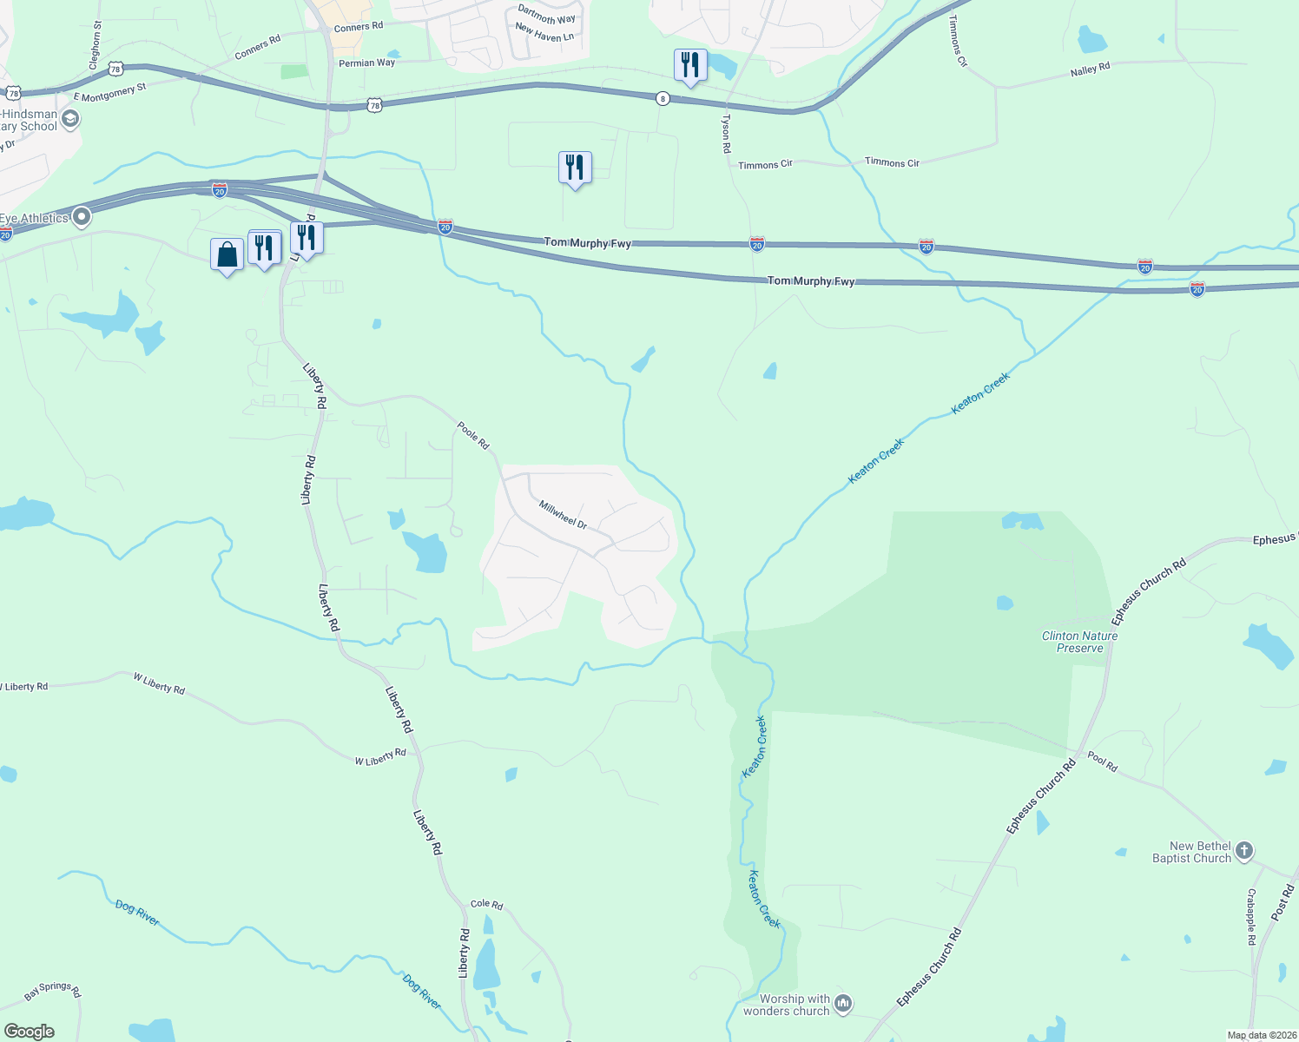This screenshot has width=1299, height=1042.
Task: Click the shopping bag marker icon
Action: [227, 255]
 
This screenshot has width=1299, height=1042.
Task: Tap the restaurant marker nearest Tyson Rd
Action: [690, 65]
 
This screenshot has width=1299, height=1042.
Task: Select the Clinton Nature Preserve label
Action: [1079, 642]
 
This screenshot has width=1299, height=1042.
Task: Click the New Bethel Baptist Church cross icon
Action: [1244, 851]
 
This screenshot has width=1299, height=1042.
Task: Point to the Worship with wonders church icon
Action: [842, 1005]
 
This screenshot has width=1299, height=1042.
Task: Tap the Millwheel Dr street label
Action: [563, 515]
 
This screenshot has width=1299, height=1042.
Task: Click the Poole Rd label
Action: [473, 435]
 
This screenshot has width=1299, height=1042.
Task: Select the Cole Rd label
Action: [486, 904]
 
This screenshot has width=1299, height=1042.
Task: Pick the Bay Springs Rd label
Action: [52, 990]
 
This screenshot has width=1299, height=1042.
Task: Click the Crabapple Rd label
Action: [1251, 917]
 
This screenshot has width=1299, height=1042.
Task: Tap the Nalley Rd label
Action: [1090, 69]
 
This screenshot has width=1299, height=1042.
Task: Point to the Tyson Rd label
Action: [726, 134]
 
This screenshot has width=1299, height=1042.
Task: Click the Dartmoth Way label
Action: [546, 15]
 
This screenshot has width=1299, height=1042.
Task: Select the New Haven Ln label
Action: [544, 33]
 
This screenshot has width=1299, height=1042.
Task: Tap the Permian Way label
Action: [366, 63]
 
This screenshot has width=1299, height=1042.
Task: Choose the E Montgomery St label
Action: [110, 92]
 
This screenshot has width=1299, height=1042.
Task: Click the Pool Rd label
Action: [1102, 762]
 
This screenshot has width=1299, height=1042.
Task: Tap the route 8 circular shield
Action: [663, 99]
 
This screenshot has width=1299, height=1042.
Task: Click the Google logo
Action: [30, 1032]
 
